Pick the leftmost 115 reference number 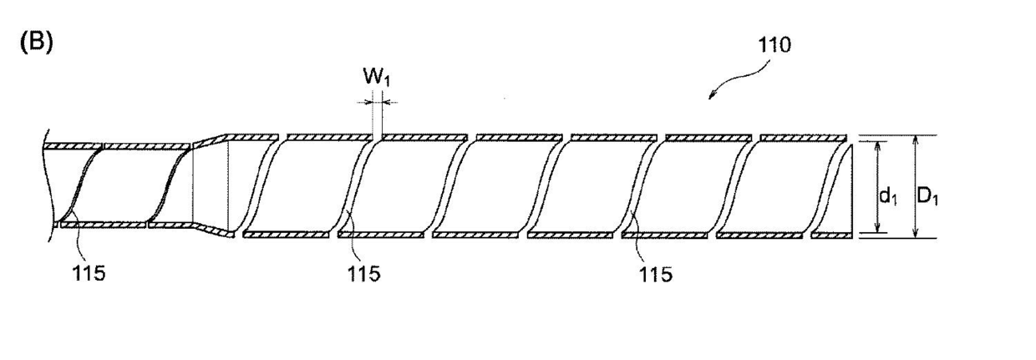(89, 273)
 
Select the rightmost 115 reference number (655, 274)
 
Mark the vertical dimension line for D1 (917, 186)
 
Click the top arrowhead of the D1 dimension (917, 139)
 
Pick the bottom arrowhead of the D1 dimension (917, 234)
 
